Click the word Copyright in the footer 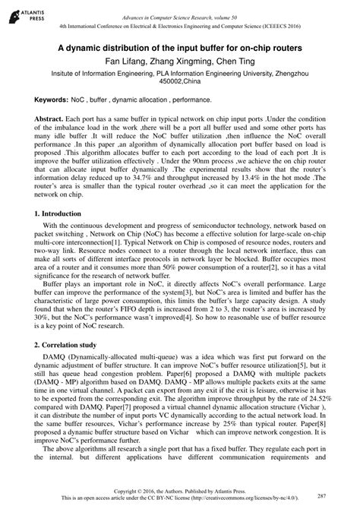pyautogui.click(x=133, y=492)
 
